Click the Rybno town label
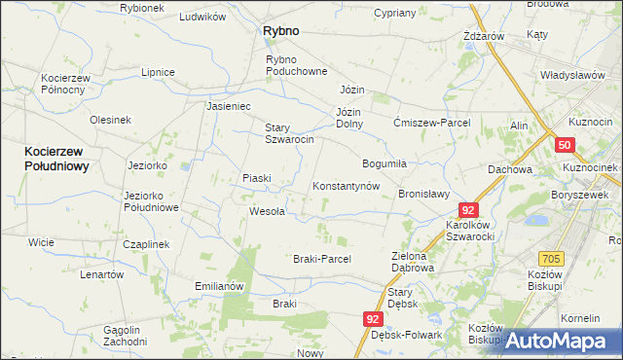pyautogui.click(x=280, y=31)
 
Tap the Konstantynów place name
pyautogui.click(x=345, y=186)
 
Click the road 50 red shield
pyautogui.click(x=566, y=145)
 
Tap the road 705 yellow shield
pyautogui.click(x=552, y=258)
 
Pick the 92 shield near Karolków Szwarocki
pyautogui.click(x=469, y=210)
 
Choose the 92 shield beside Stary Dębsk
pyautogui.click(x=375, y=319)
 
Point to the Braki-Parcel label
pyautogui.click(x=321, y=259)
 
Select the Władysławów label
pyautogui.click(x=573, y=75)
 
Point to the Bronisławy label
pyautogui.click(x=423, y=194)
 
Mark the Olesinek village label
pyautogui.click(x=110, y=120)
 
